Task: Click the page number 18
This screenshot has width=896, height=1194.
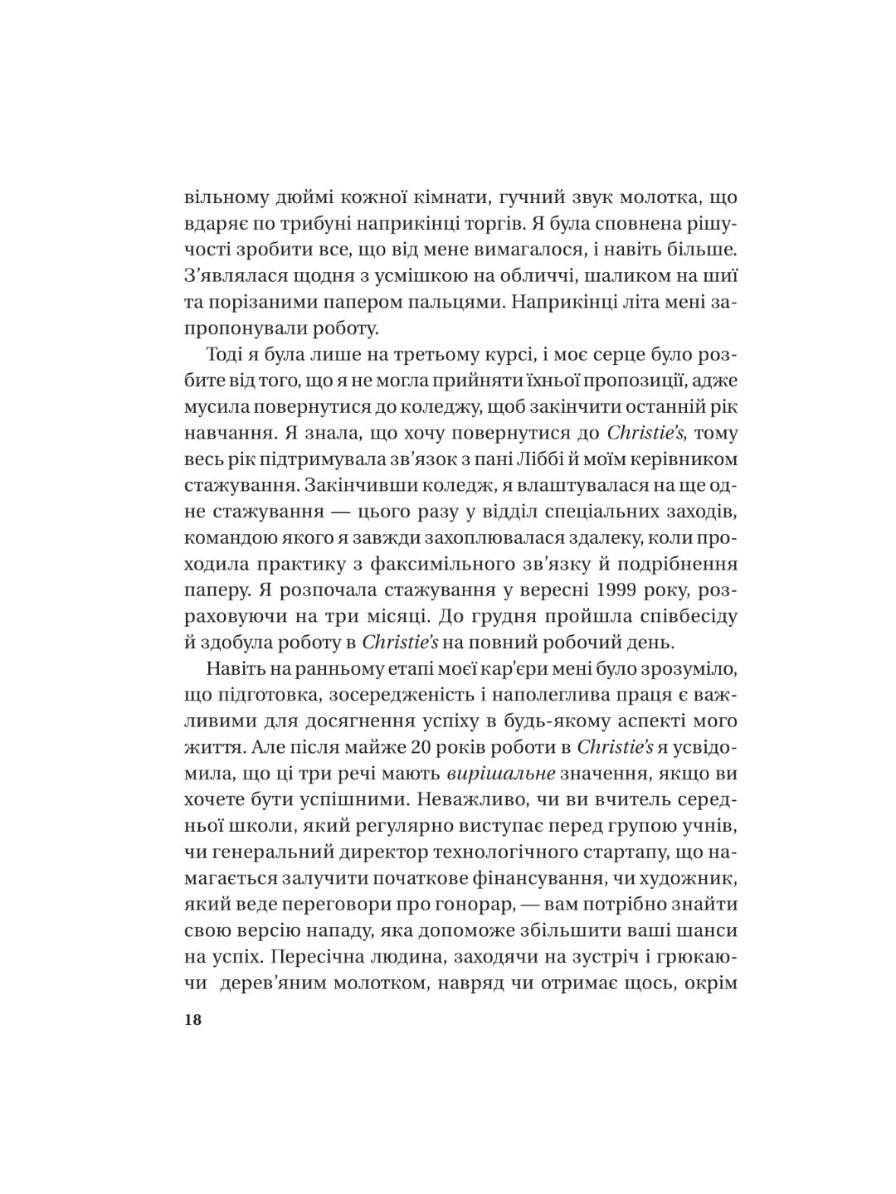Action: click(192, 1020)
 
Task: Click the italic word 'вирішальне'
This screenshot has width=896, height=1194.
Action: click(488, 773)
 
